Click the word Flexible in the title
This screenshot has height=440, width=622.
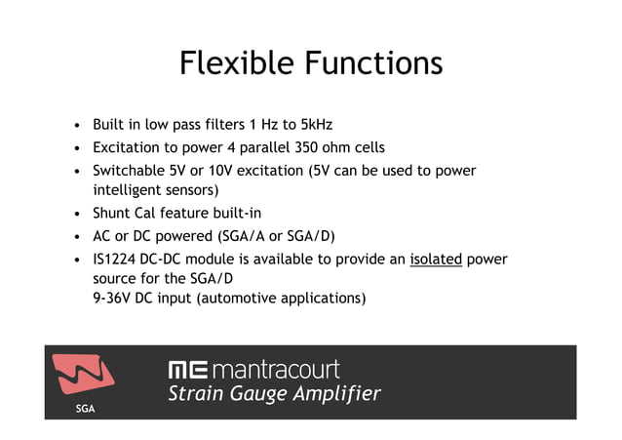click(x=237, y=63)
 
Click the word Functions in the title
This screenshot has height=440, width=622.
click(x=373, y=63)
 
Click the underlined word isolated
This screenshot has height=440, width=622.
click(x=436, y=259)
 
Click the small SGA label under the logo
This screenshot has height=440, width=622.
click(x=85, y=409)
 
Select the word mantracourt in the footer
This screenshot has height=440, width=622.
click(x=275, y=370)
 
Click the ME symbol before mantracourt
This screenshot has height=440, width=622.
click(x=187, y=370)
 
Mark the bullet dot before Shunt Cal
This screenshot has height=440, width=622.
click(x=76, y=214)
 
